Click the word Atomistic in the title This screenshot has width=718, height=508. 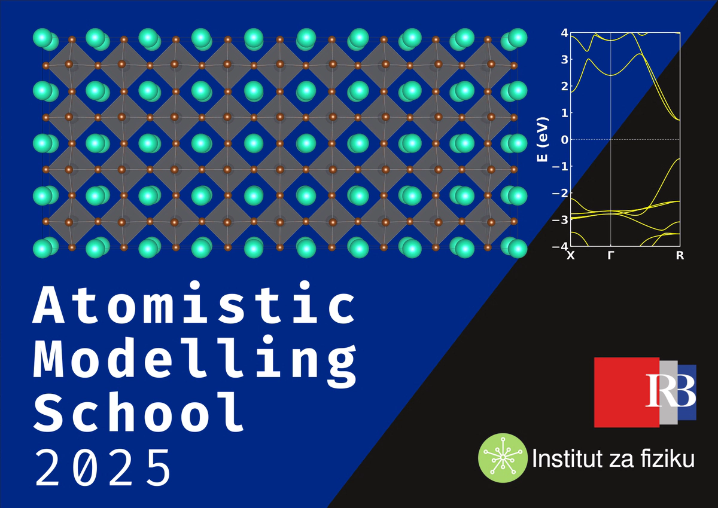[194, 302]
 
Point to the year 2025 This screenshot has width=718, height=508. [103, 468]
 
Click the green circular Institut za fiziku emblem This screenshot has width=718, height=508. [503, 458]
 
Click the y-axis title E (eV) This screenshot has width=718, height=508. [543, 140]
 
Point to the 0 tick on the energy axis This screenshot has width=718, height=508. [565, 140]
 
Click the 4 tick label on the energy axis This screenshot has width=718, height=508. [565, 33]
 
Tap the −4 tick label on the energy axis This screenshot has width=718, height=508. [560, 246]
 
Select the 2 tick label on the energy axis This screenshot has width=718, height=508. [565, 86]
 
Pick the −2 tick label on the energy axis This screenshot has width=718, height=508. [560, 193]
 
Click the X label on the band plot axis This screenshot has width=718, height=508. [571, 256]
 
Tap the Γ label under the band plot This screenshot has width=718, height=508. [611, 256]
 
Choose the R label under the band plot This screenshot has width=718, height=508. [680, 256]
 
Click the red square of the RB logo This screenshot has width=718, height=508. [626, 392]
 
